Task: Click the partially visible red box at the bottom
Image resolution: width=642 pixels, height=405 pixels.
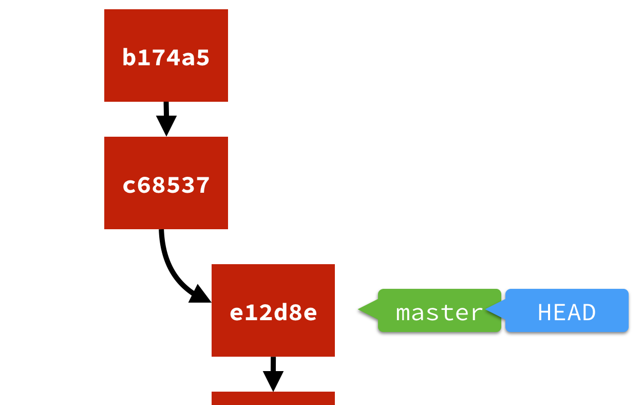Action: [x=273, y=398]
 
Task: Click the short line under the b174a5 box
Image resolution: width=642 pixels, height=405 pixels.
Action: [x=166, y=108]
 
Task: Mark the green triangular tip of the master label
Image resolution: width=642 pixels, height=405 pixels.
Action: [x=367, y=309]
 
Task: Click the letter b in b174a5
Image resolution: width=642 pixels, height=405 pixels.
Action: [x=128, y=57]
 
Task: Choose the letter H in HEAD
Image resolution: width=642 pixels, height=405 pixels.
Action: [x=545, y=312]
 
